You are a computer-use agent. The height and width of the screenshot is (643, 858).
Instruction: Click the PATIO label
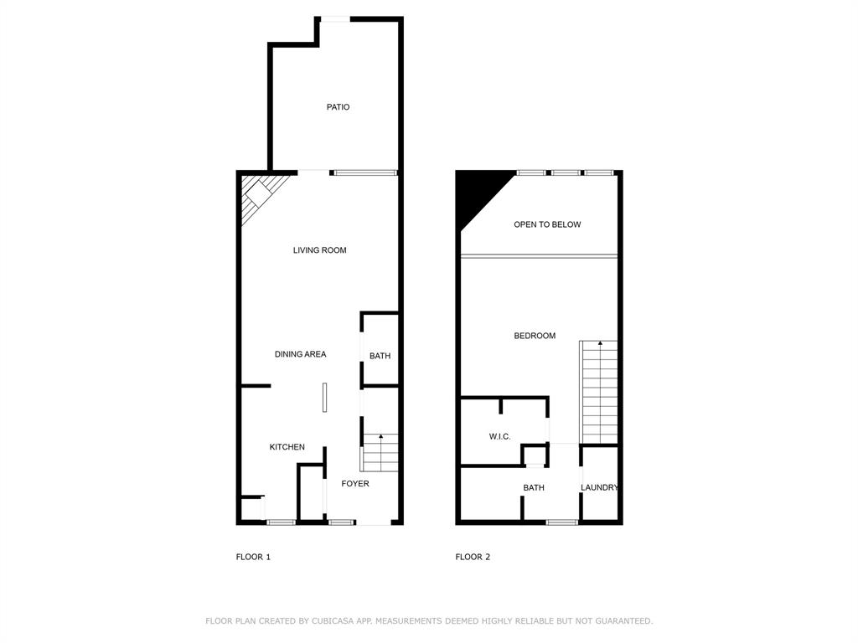pyautogui.click(x=338, y=107)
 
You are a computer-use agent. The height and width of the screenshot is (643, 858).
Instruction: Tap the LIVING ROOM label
pyautogui.click(x=319, y=250)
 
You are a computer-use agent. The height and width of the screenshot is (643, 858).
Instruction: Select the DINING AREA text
pyautogui.click(x=300, y=354)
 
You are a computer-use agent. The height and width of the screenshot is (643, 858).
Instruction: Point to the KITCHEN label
pyautogui.click(x=287, y=447)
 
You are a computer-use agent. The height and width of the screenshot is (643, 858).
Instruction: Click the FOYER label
pyautogui.click(x=354, y=484)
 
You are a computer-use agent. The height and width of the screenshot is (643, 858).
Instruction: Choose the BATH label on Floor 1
pyautogui.click(x=380, y=356)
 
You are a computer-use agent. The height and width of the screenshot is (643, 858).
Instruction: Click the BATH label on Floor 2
pyautogui.click(x=534, y=487)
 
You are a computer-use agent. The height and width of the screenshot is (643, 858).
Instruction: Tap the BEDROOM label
pyautogui.click(x=535, y=336)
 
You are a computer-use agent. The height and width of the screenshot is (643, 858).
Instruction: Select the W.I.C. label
pyautogui.click(x=500, y=436)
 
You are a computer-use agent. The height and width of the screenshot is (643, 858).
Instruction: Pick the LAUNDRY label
pyautogui.click(x=600, y=487)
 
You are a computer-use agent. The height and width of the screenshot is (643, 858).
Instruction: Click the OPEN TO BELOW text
pyautogui.click(x=547, y=224)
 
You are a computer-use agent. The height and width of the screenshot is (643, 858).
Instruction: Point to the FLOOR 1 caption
pyautogui.click(x=253, y=557)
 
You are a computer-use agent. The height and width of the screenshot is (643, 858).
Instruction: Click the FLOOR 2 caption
pyautogui.click(x=473, y=557)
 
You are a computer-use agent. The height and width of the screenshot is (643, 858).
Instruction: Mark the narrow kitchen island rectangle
pyautogui.click(x=324, y=398)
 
